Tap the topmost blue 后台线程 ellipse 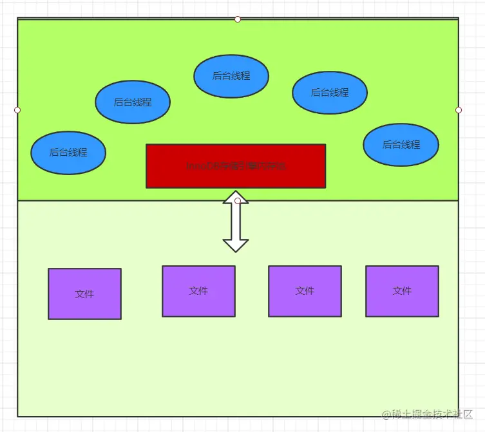[231, 76]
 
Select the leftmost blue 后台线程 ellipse [68, 153]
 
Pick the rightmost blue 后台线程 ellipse [401, 145]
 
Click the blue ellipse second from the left [133, 102]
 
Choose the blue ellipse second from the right [330, 93]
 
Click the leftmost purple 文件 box [84, 294]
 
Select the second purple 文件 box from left [198, 291]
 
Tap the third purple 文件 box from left [305, 291]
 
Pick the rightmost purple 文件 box [402, 291]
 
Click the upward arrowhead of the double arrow [236, 196]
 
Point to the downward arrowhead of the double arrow [236, 245]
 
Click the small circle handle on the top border [238, 19]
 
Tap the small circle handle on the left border [17, 110]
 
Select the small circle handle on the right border [459, 110]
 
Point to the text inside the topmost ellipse [231, 76]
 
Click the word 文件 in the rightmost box [402, 291]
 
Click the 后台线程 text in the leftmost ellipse [68, 153]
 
